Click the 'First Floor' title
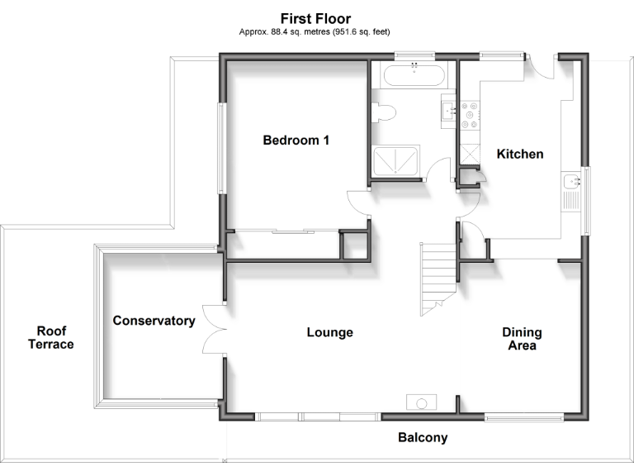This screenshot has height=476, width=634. [x=315, y=18]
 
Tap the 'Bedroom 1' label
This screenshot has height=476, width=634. [x=296, y=140]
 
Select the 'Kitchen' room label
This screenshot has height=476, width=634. [x=519, y=154]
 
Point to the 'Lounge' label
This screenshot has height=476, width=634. [x=329, y=332]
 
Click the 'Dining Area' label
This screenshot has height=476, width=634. [x=522, y=339]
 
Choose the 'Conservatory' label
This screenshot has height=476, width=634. [x=154, y=321]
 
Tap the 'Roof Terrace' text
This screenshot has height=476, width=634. [x=50, y=338]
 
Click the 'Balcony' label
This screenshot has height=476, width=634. [x=422, y=438]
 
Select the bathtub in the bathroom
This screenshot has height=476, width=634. [x=414, y=77]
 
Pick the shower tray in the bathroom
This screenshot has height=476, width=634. [x=396, y=160]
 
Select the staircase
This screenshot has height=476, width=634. [x=438, y=278]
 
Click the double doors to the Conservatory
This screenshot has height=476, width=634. [x=213, y=330]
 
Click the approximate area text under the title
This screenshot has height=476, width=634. [x=315, y=31]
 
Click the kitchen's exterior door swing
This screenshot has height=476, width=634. [x=541, y=68]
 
